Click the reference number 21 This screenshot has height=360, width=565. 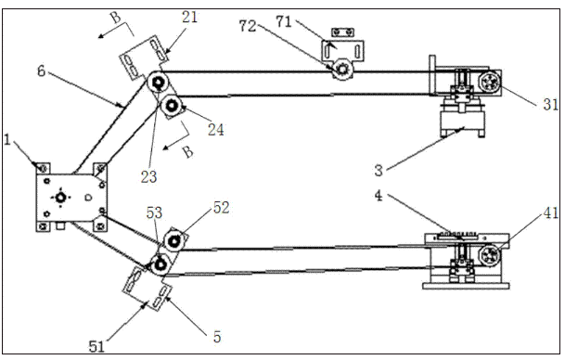[x=190, y=17]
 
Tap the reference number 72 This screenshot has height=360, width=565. [x=248, y=26]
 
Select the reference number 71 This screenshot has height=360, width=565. [x=284, y=21]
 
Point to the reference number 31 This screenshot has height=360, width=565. [x=551, y=105]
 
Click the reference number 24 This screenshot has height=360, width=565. [x=216, y=130]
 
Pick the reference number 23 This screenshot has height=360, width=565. [x=148, y=177]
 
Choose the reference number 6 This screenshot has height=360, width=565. [x=42, y=71]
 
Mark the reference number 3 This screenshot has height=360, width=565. [x=379, y=171]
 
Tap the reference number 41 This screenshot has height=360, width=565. [x=551, y=214]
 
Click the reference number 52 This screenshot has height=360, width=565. [x=221, y=208]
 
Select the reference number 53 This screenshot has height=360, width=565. [x=154, y=213]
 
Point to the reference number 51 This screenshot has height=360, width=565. [x=96, y=347]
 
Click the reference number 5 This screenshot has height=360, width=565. [x=217, y=337]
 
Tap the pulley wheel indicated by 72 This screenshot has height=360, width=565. [x=342, y=69]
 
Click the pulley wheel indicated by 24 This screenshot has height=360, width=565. [x=172, y=105]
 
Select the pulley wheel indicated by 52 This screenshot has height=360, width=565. [x=174, y=240]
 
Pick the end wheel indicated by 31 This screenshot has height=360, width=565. [x=490, y=84]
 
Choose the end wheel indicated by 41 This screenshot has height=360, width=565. [x=490, y=255]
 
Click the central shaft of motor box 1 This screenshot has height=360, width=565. [x=60, y=197]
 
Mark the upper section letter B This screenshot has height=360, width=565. [x=115, y=17]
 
